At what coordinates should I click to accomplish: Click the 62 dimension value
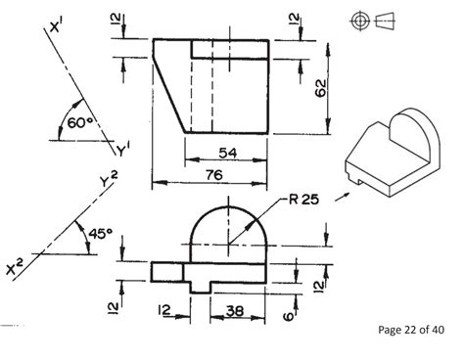click(x=321, y=88)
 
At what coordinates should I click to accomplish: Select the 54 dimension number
click(x=227, y=153)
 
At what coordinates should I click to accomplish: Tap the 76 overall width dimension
click(x=214, y=175)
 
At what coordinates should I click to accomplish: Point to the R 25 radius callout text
click(x=303, y=200)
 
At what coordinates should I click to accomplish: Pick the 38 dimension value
click(x=235, y=311)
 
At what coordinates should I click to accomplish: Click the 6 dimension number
click(x=289, y=316)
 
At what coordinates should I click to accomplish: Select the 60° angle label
click(x=80, y=123)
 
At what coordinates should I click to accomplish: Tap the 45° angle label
click(x=101, y=234)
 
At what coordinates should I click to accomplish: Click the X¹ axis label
click(x=56, y=25)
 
